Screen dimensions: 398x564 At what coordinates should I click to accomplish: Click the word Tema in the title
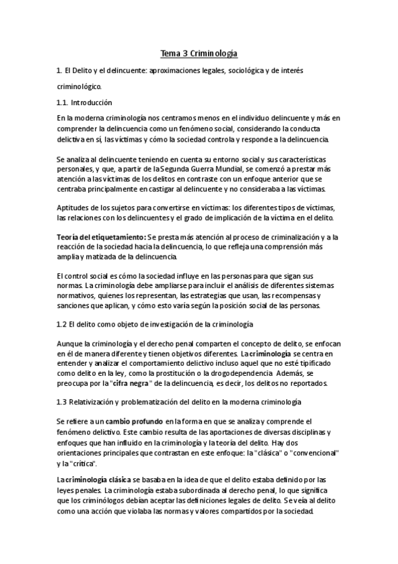pos(170,51)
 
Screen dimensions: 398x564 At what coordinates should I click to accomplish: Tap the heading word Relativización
pos(102,402)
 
